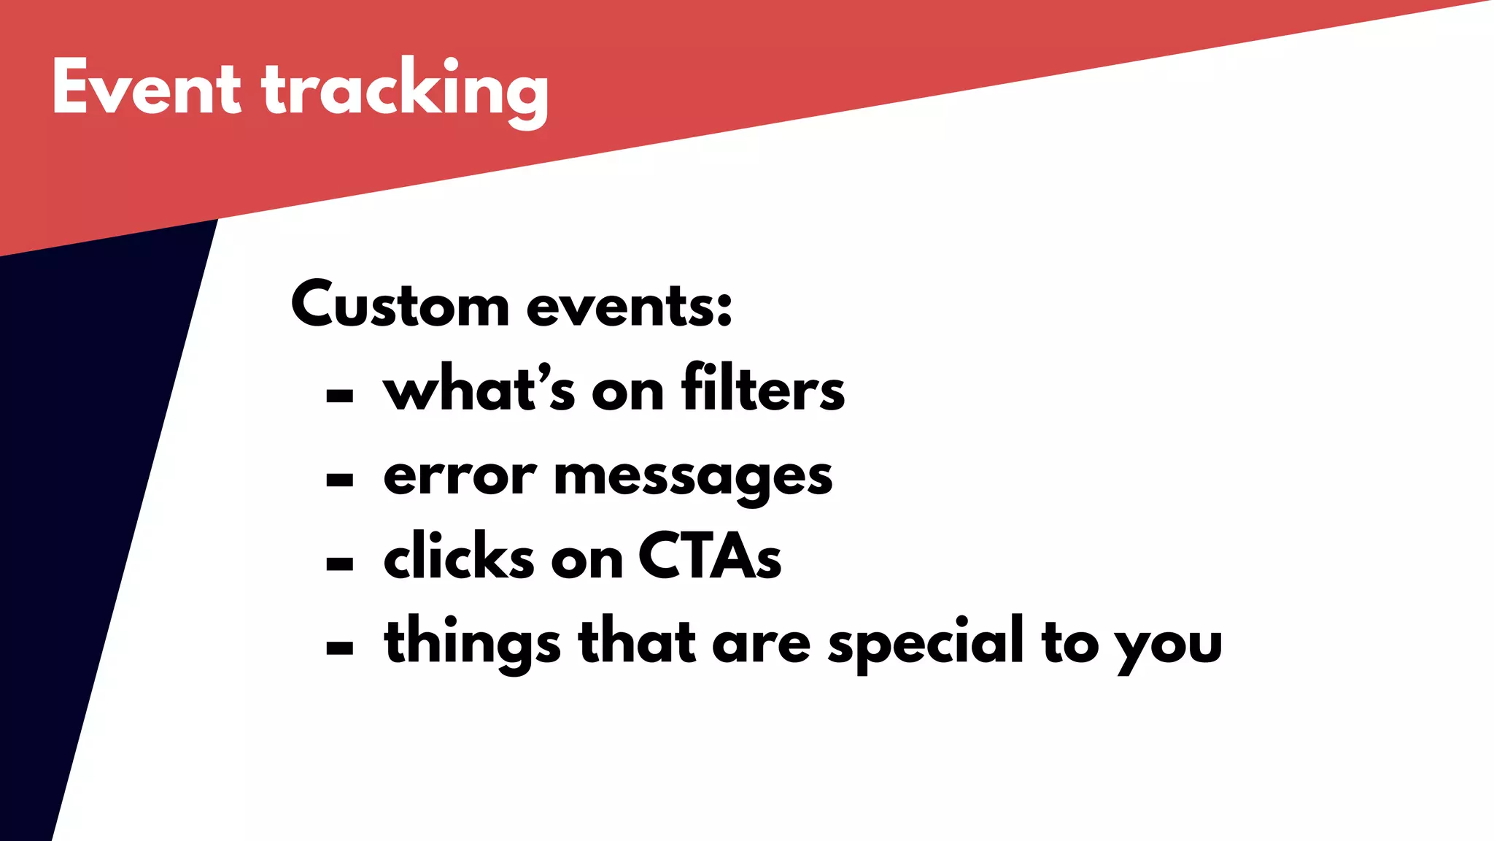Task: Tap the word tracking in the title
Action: tap(405, 91)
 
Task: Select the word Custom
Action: tap(400, 305)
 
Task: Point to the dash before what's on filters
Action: tap(340, 396)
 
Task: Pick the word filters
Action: tap(763, 389)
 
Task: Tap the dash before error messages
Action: tap(340, 480)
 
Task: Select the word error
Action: tap(460, 477)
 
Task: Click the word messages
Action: tap(693, 478)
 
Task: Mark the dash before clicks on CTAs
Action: tap(340, 564)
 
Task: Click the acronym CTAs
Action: tap(710, 557)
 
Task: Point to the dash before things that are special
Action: tap(340, 648)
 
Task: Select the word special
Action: tap(926, 642)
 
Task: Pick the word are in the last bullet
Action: tap(761, 645)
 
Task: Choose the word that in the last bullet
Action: tap(637, 641)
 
